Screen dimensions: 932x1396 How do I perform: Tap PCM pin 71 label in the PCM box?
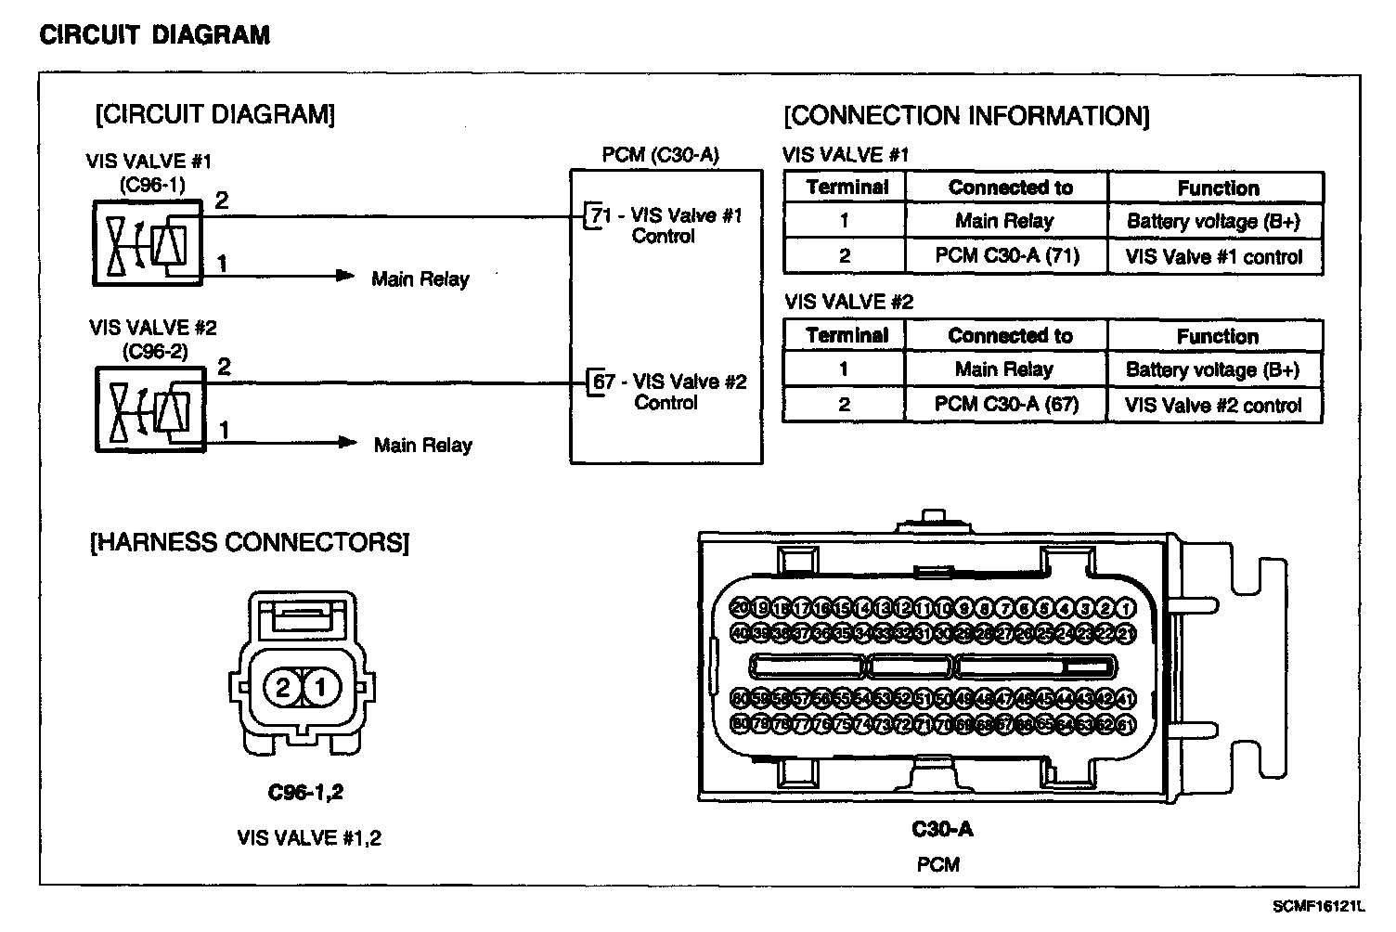click(x=601, y=215)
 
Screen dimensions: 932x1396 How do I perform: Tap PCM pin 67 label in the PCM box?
click(x=603, y=382)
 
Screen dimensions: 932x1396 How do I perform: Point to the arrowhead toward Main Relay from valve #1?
click(x=345, y=276)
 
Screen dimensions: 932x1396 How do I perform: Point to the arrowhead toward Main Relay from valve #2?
click(x=347, y=443)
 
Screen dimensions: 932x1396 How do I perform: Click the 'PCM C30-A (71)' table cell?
click(x=1007, y=255)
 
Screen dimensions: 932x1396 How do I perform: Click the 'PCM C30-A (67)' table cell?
click(x=1006, y=404)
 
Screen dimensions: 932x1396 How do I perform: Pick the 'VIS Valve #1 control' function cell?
click(x=1214, y=257)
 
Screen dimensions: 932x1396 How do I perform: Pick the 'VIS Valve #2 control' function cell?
click(x=1213, y=406)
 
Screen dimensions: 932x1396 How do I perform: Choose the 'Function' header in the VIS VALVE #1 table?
click(x=1218, y=188)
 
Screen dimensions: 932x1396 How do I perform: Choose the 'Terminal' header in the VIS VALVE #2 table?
click(x=847, y=335)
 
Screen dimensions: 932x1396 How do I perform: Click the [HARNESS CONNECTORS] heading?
click(x=250, y=542)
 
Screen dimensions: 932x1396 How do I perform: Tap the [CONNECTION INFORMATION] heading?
click(x=966, y=116)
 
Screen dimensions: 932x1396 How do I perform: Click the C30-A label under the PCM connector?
click(x=941, y=829)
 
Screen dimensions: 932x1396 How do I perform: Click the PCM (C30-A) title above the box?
click(x=660, y=154)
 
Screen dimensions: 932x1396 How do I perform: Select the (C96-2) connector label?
click(x=154, y=352)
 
